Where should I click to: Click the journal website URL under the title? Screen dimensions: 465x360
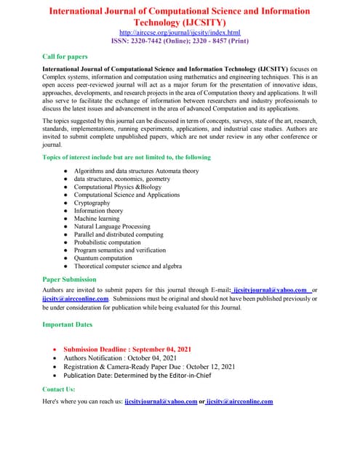tap(179, 33)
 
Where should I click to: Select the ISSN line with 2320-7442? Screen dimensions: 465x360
tap(179, 42)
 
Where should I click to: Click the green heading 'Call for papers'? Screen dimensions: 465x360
tap(68, 55)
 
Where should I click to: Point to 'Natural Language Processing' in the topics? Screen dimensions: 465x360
tap(112, 227)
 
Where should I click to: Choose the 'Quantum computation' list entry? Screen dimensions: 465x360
tap(103, 258)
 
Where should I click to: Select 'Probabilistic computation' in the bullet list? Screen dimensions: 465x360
tap(110, 243)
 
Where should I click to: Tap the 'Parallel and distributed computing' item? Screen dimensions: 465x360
tap(119, 235)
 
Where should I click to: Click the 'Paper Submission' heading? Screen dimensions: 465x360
tap(69, 279)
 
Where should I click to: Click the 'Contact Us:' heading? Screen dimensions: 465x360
tap(59, 389)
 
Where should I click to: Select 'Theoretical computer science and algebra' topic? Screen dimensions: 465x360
tap(128, 266)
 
